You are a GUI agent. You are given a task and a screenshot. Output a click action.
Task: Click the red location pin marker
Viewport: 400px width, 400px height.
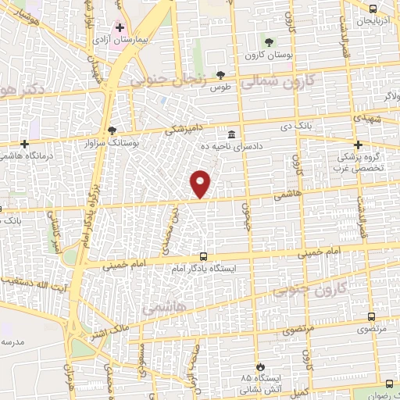click(202, 184)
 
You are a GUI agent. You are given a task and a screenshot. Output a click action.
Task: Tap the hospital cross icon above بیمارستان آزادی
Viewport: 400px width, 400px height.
click(120, 27)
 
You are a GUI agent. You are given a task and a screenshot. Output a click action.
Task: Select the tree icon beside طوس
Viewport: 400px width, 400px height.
click(221, 75)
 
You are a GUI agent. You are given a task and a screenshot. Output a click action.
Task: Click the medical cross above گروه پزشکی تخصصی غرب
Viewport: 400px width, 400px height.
click(359, 144)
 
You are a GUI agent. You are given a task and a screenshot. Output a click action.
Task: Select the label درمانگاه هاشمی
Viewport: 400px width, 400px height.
click(27, 156)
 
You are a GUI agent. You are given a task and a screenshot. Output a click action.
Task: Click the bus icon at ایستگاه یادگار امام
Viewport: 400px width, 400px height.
click(204, 255)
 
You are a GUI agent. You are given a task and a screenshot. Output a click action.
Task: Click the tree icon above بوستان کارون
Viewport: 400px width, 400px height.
click(269, 41)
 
